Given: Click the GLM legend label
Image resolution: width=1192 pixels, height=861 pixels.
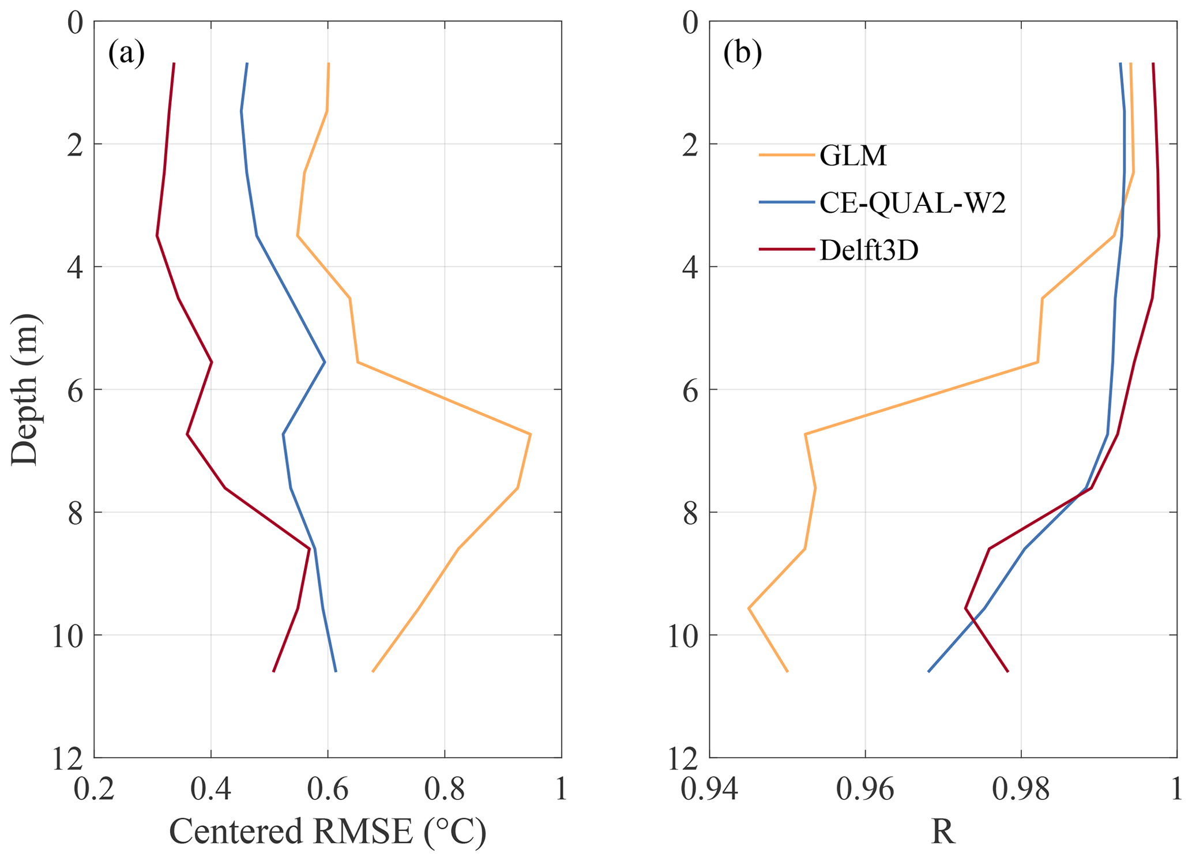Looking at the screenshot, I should tap(853, 156).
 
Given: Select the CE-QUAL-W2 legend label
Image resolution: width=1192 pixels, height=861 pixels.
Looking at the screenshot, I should tap(912, 203).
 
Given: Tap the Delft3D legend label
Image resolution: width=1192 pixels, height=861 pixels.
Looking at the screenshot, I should tap(868, 250).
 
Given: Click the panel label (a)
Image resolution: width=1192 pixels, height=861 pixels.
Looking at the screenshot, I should tap(126, 54).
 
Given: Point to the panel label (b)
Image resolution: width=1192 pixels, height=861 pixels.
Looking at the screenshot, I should tap(743, 54).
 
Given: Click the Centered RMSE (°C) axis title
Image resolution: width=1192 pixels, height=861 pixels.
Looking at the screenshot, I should tap(328, 832).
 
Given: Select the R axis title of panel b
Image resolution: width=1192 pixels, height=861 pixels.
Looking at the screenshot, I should tap(943, 832).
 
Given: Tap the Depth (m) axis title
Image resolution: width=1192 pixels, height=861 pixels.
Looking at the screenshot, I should tap(24, 389).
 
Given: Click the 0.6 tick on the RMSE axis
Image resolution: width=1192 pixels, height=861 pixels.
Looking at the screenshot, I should tap(328, 789).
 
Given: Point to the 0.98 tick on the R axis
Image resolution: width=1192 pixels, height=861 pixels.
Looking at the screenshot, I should tap(1021, 789).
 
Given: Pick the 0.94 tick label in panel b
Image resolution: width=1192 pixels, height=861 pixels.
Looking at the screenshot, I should tap(709, 789).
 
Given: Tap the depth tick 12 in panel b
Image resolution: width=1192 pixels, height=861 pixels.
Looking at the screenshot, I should tap(683, 758).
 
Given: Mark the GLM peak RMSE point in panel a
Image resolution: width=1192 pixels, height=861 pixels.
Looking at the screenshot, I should tap(530, 434).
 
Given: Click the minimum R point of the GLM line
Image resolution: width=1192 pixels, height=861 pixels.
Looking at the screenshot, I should tap(749, 608).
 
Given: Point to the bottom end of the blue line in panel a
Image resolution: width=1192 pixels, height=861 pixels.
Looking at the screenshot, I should tap(336, 671).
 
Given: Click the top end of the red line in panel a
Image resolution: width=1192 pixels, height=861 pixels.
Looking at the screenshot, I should tap(174, 63).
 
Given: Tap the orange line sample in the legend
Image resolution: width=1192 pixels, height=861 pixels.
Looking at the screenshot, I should tap(786, 155).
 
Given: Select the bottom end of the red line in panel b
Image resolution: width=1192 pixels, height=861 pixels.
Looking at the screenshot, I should tap(1007, 671).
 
